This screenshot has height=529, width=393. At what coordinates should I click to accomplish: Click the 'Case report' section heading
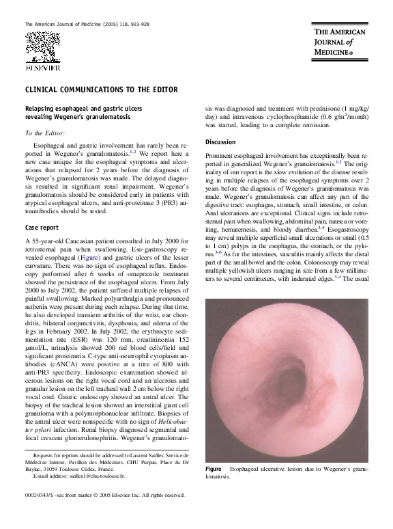[x=42, y=227]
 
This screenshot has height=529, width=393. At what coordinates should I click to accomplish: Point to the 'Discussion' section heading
[x=220, y=142]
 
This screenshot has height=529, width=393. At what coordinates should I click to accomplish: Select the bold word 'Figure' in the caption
[x=214, y=470]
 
